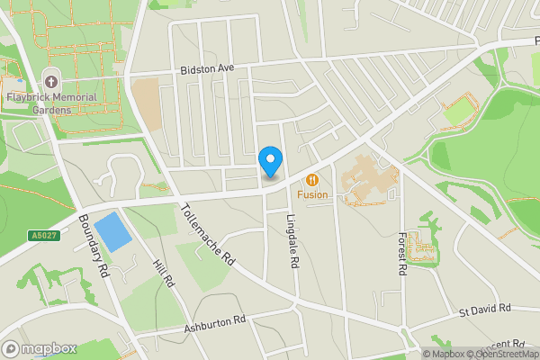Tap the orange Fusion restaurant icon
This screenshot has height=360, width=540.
[x=313, y=179]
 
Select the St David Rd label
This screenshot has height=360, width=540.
[x=484, y=310]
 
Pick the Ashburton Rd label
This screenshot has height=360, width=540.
[x=215, y=321]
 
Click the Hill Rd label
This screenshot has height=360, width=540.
[x=163, y=268]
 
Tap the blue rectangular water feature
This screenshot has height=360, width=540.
[x=112, y=232]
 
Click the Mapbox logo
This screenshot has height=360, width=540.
[x=38, y=348]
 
